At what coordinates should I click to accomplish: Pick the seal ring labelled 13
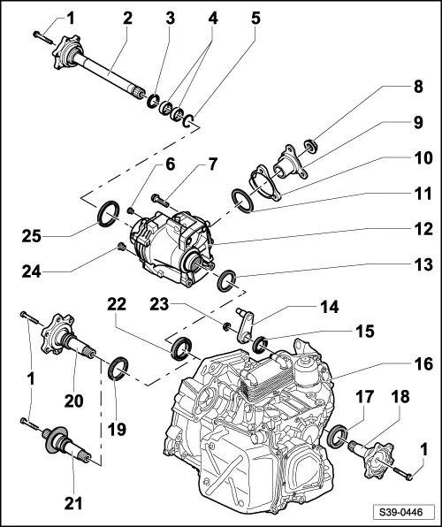pyautogui.click(x=227, y=281)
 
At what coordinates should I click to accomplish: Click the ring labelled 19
pyautogui.click(x=117, y=366)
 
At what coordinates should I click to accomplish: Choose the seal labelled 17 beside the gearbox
pyautogui.click(x=338, y=437)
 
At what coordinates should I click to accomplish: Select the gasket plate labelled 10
pyautogui.click(x=265, y=183)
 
